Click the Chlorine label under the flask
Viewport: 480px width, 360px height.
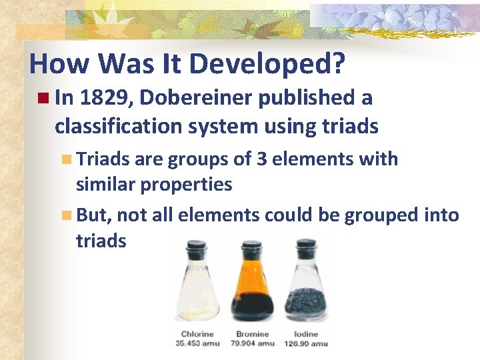tap(197, 334)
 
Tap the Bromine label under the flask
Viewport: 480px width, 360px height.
tap(252, 334)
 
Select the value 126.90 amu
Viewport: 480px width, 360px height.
tap(307, 343)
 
